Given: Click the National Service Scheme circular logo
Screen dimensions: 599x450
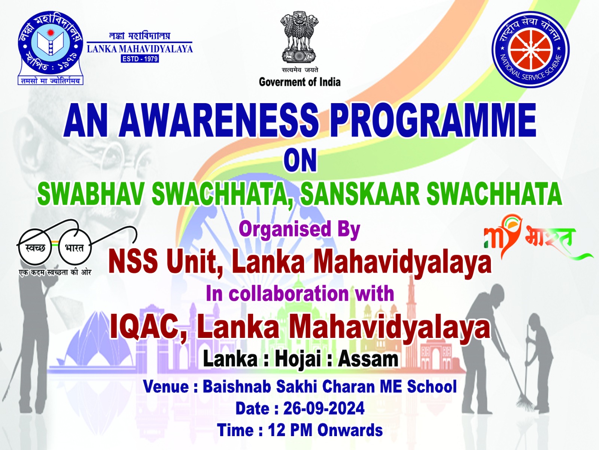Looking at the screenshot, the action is point(530,49).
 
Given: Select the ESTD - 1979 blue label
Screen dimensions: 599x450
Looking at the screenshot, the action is point(140,59).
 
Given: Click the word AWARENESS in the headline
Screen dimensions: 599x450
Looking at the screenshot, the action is point(219,120).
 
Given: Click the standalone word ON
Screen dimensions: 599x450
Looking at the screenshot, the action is point(300,160).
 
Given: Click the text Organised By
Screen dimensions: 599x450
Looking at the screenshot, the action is point(299,230).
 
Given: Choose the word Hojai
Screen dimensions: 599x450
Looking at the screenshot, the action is point(298,360).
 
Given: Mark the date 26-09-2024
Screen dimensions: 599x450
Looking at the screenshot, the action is point(324,408).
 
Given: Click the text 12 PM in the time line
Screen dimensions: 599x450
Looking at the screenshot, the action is point(290,430).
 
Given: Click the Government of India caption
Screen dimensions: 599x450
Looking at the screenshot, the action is point(299,82).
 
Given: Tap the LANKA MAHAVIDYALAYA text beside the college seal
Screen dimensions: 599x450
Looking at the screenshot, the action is point(140,49).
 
